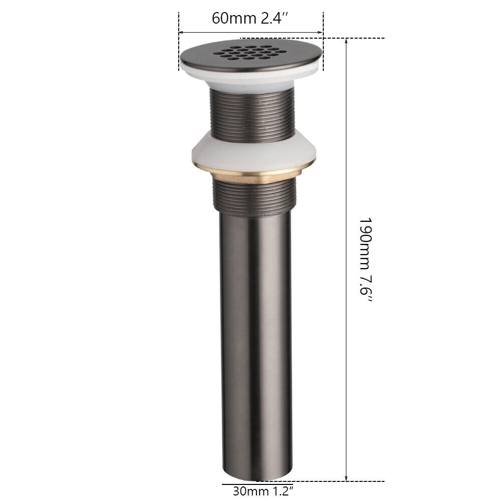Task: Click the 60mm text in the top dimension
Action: pos(234,18)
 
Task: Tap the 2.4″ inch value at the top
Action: pos(275,18)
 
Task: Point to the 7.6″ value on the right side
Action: pos(365,290)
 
